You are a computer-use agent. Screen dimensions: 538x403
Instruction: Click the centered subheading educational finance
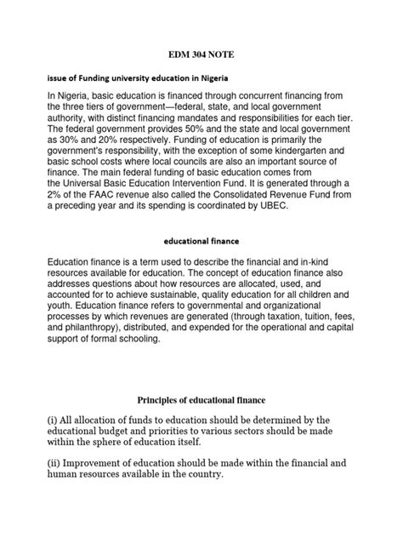201,264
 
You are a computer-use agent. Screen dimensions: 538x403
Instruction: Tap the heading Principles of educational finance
201,400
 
